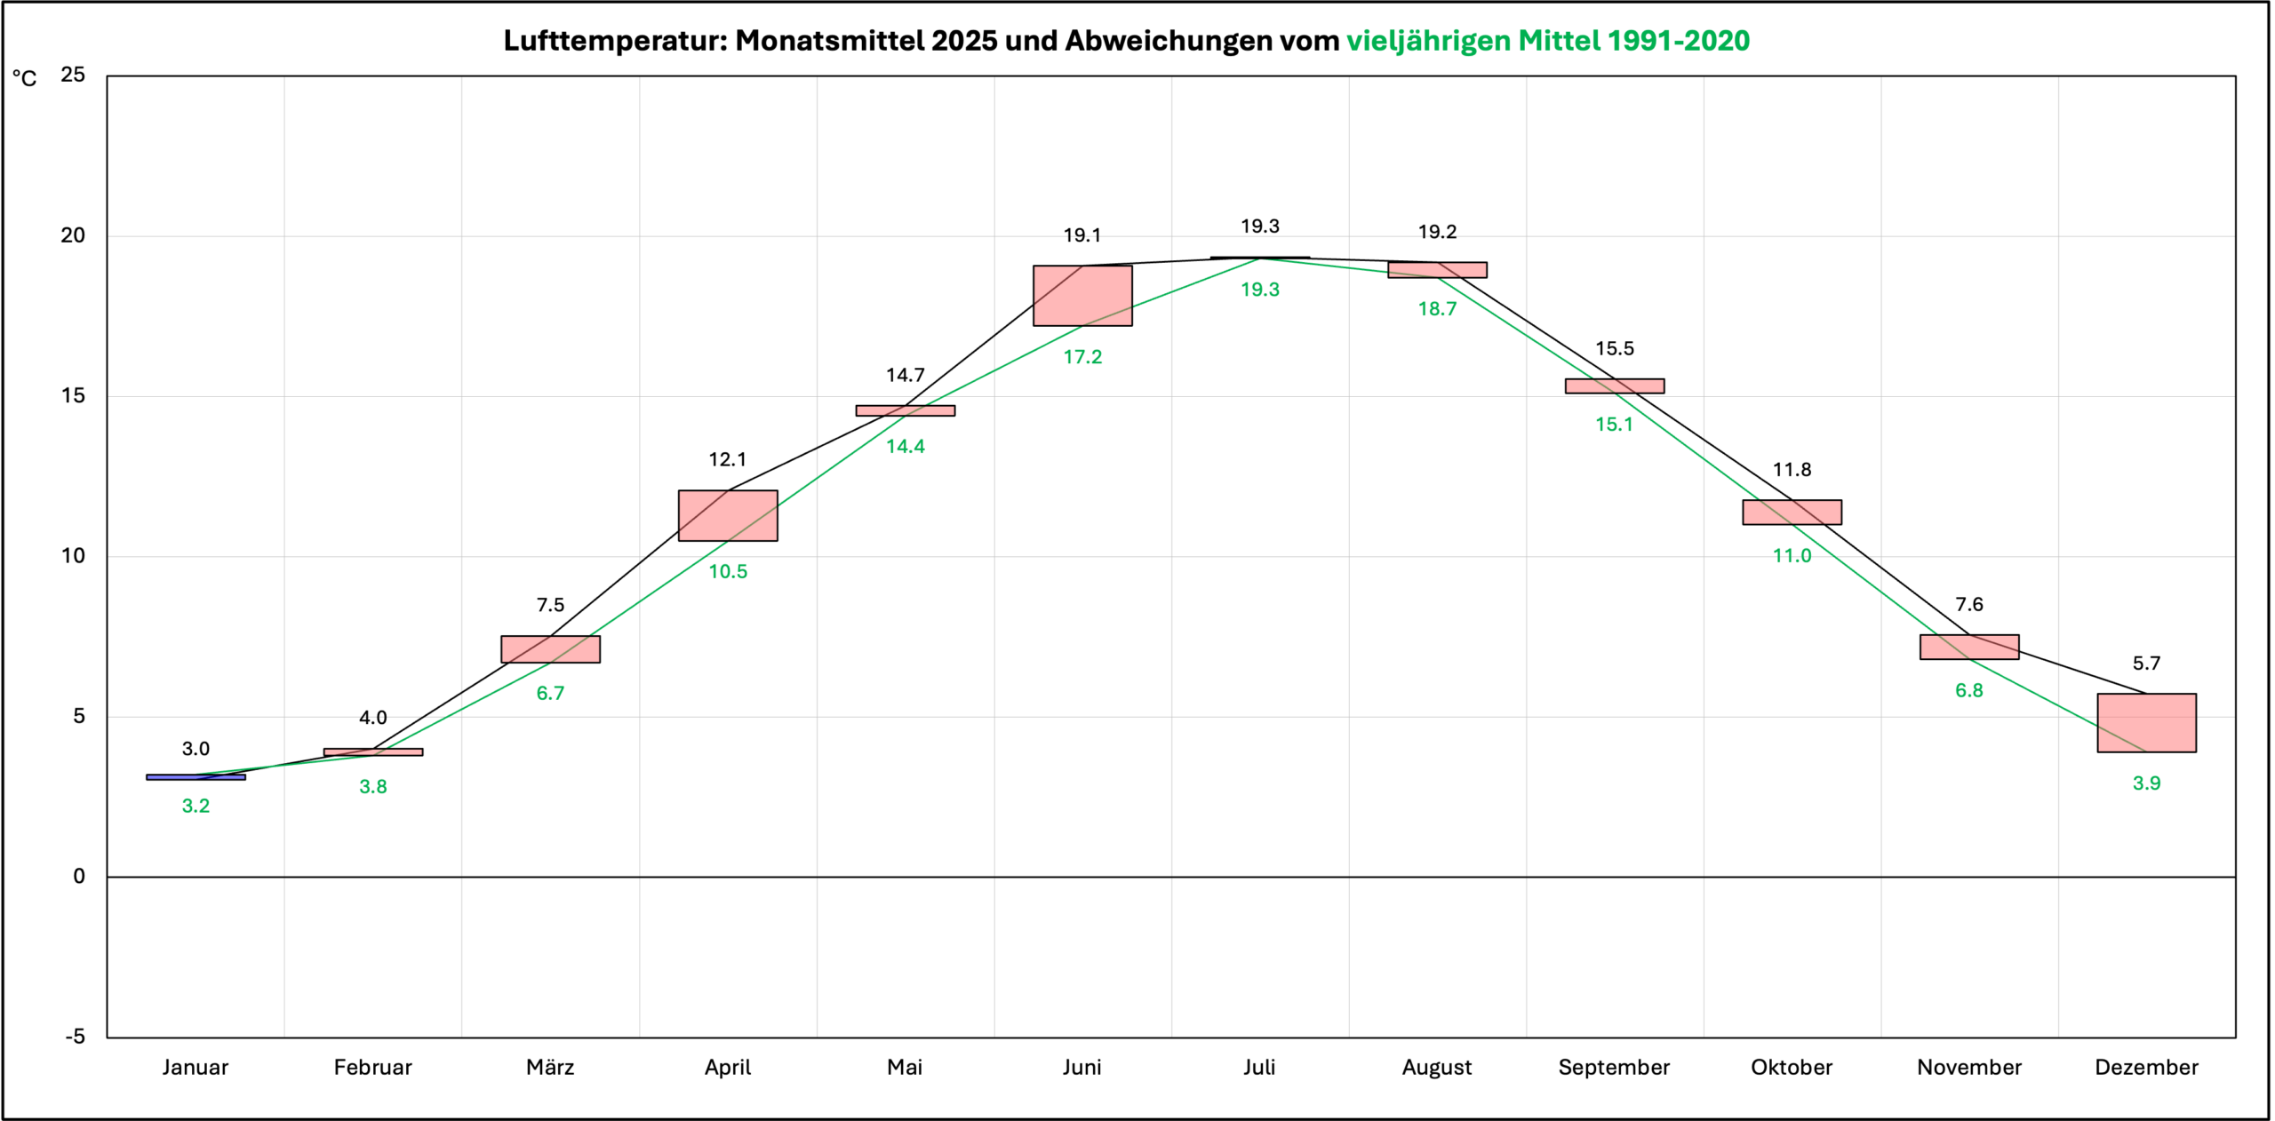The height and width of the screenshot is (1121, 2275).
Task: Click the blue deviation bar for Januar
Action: click(x=196, y=777)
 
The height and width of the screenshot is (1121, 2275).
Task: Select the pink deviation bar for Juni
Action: click(x=1082, y=296)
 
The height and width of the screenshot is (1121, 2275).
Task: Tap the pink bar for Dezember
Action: click(x=2146, y=723)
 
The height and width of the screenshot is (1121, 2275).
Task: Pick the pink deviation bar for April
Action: click(x=728, y=515)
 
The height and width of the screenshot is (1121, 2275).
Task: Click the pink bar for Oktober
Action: click(x=1792, y=513)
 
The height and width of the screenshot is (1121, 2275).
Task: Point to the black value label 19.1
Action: click(x=1082, y=235)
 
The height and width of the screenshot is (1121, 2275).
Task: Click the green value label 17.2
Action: click(x=1082, y=357)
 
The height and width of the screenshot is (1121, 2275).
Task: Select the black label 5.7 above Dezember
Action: click(x=2146, y=664)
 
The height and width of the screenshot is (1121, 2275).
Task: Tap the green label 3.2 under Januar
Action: click(x=196, y=807)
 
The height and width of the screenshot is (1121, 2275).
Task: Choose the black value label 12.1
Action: click(x=728, y=460)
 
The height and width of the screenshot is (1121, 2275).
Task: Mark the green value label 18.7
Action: click(x=1437, y=309)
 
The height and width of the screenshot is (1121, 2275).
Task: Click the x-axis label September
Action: click(x=1614, y=1068)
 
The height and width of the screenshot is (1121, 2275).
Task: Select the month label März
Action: click(x=550, y=1068)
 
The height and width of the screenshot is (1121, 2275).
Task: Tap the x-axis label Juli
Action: click(x=1259, y=1068)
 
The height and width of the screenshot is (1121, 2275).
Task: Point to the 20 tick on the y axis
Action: click(x=73, y=235)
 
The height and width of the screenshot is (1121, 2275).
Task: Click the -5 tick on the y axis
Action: click(x=75, y=1037)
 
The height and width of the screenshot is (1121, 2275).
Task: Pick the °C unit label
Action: click(x=25, y=79)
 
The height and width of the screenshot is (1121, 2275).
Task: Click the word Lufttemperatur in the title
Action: click(x=614, y=41)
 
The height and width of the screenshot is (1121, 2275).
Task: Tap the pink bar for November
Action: click(x=1969, y=647)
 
